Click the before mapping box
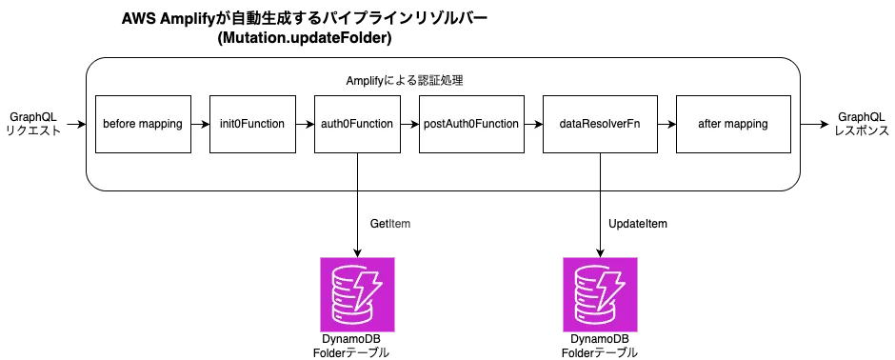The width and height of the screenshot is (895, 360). (x=143, y=124)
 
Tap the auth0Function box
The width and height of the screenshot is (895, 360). (x=357, y=124)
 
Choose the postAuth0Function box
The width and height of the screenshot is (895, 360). (x=469, y=124)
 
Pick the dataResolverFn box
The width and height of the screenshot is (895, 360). (x=599, y=124)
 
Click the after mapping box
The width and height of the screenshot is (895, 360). (x=732, y=124)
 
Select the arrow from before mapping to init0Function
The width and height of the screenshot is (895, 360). (x=200, y=124)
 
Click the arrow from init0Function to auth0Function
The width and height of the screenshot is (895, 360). (x=305, y=124)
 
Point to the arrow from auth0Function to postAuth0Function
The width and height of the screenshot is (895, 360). (x=408, y=124)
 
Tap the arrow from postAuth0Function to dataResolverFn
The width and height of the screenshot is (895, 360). (x=530, y=124)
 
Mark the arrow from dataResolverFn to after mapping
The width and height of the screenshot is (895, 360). (x=666, y=124)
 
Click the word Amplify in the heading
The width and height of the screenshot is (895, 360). (x=368, y=81)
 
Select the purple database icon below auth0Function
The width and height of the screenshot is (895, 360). (x=357, y=294)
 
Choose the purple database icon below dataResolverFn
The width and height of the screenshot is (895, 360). (x=599, y=294)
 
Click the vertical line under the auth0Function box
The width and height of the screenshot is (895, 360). (x=357, y=171)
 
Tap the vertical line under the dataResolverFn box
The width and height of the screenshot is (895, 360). (x=600, y=171)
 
